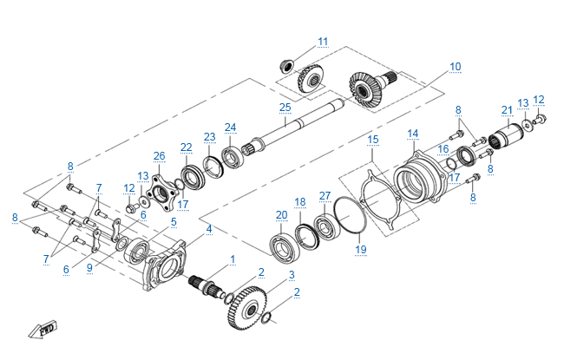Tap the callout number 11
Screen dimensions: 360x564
(323, 41)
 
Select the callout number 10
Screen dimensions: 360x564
(455, 67)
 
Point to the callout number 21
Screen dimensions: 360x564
(507, 109)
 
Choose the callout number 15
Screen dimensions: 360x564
(373, 139)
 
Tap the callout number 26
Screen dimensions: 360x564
(159, 156)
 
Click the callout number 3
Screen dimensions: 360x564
(292, 274)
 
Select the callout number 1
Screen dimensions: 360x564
(233, 259)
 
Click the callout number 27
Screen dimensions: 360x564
(325, 195)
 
